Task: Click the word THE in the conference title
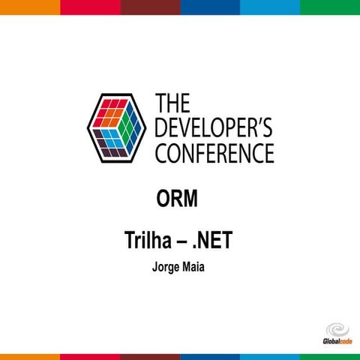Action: point(175,103)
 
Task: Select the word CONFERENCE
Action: point(214,153)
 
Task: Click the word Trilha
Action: point(148,242)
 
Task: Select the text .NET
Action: point(216,242)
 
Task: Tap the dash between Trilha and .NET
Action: point(182,242)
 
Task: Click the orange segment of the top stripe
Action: point(30,7)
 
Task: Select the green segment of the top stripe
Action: point(330,7)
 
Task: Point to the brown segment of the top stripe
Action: point(150,7)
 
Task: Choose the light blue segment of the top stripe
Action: point(270,7)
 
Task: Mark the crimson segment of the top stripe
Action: point(90,7)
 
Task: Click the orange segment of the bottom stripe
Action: point(30,356)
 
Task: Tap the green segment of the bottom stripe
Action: point(330,356)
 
